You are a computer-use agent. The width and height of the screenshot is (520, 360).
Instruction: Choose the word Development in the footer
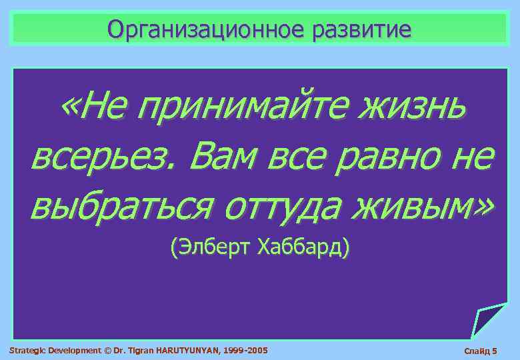click(74, 350)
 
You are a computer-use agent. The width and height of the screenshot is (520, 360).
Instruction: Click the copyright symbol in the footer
click(107, 350)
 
